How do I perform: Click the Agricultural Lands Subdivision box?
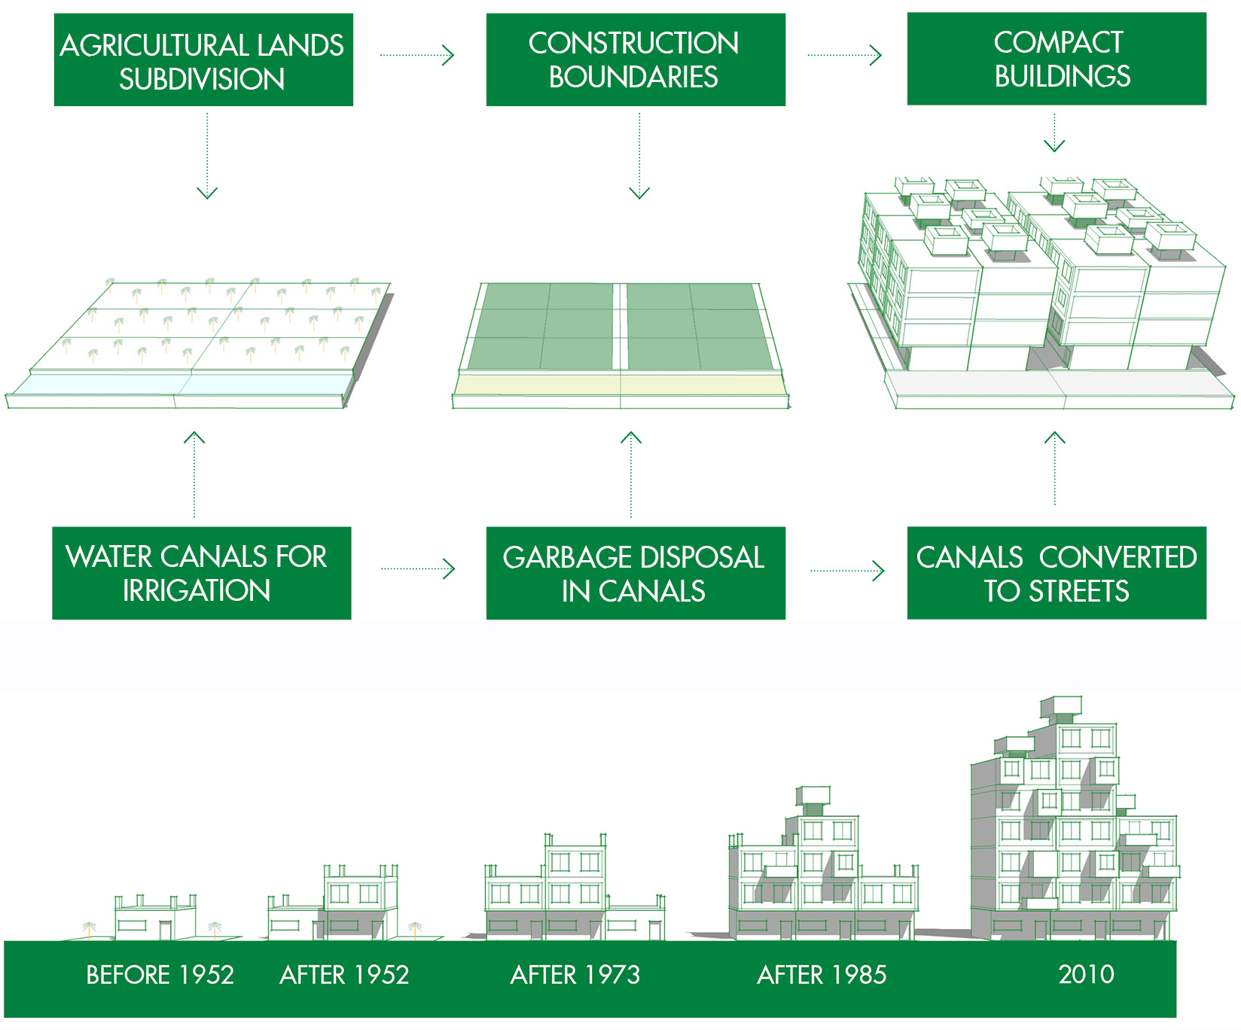click(203, 60)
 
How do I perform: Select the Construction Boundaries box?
click(635, 59)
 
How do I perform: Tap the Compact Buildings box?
click(1056, 59)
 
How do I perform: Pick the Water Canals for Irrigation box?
click(201, 573)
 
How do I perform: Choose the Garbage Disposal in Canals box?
click(635, 573)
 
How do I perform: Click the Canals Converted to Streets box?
click(1056, 573)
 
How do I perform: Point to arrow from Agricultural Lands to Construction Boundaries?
click(418, 55)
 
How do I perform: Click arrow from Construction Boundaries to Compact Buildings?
click(845, 55)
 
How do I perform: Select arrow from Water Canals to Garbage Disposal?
click(419, 569)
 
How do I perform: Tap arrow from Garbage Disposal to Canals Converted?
click(848, 571)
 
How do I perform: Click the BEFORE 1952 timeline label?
click(160, 975)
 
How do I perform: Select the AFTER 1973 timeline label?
click(575, 975)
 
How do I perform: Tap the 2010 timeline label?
click(1086, 974)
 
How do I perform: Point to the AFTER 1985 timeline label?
click(822, 975)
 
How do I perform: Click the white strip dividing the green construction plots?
click(620, 327)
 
